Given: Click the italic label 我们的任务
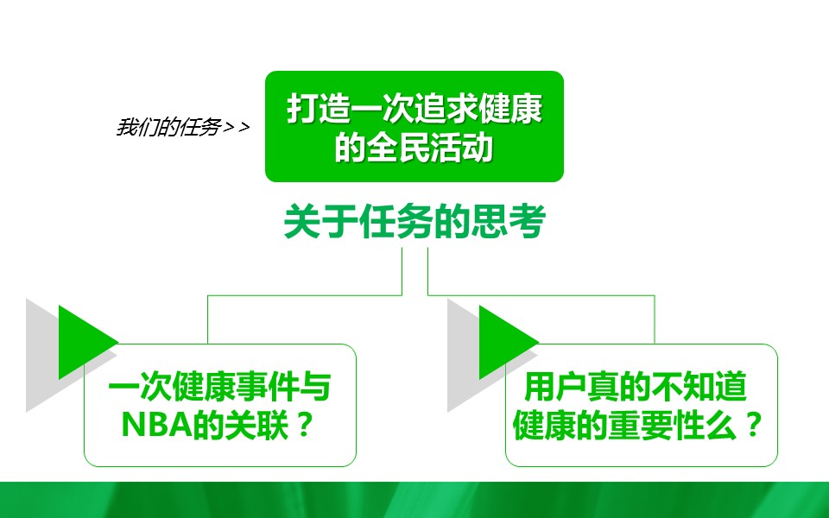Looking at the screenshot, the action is click(168, 128).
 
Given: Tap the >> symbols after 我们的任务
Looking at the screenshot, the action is click(237, 128).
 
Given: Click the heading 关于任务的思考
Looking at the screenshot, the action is click(414, 221).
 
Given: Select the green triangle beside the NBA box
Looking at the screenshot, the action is click(88, 342).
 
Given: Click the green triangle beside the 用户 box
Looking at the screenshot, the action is click(509, 342).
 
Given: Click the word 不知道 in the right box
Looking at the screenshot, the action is click(699, 387).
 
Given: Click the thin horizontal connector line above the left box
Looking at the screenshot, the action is click(305, 295).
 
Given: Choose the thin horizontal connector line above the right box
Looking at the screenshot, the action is click(541, 295).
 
